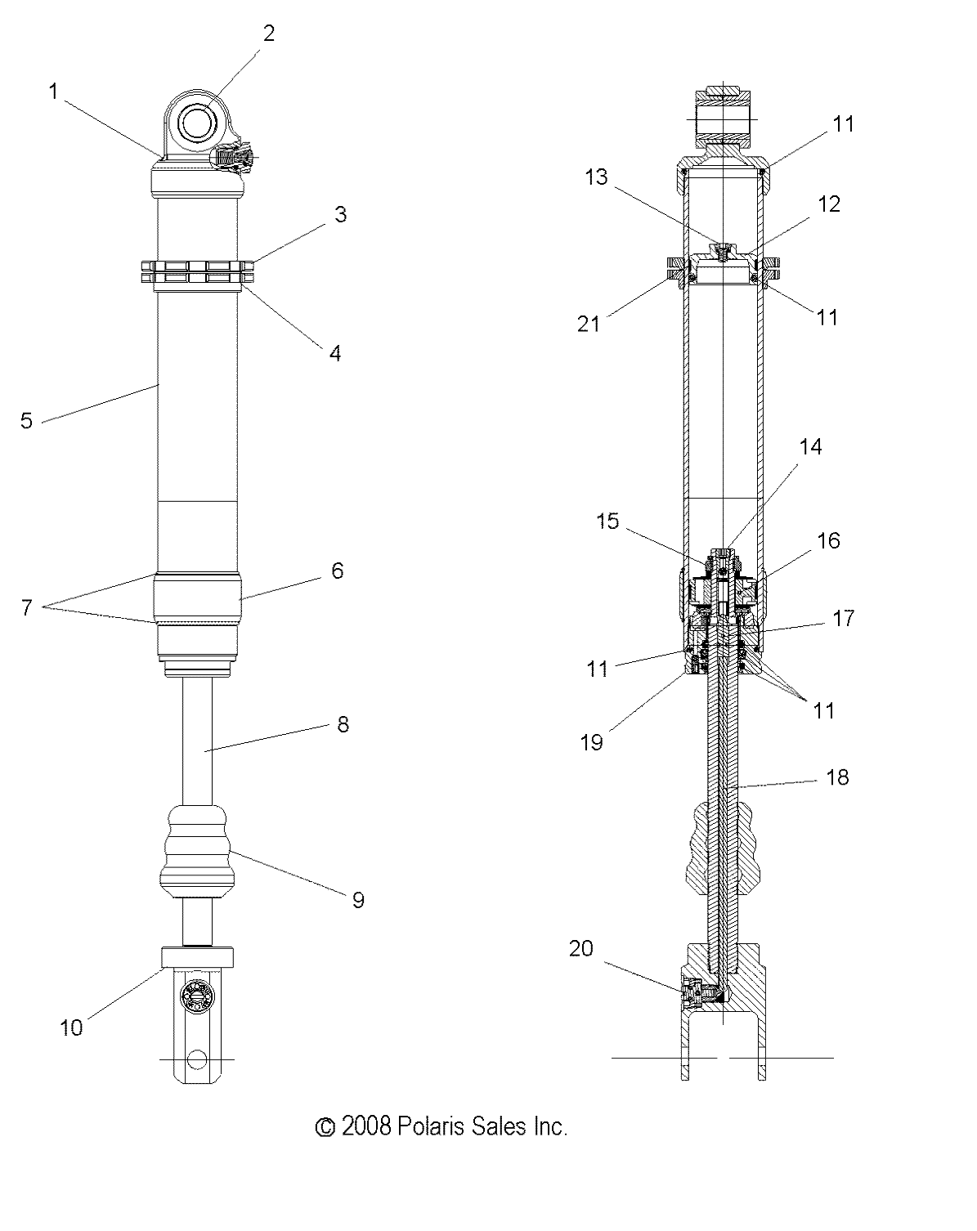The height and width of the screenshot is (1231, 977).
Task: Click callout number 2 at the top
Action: [x=268, y=33]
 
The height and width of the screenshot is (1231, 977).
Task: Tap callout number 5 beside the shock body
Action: [x=27, y=421]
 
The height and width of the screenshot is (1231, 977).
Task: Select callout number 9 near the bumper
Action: [x=358, y=900]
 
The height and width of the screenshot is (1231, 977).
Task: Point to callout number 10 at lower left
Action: [x=72, y=1027]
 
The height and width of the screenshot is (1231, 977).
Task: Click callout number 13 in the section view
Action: [x=597, y=177]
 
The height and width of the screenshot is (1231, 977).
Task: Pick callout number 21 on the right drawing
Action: [x=589, y=324]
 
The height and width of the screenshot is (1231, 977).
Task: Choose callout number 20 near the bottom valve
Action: [x=580, y=950]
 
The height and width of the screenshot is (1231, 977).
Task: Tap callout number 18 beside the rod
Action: [x=838, y=777]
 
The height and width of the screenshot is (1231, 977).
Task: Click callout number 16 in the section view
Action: [x=828, y=541]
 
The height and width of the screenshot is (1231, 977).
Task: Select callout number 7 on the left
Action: [x=27, y=608]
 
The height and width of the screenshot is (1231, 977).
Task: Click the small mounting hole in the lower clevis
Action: [x=196, y=1059]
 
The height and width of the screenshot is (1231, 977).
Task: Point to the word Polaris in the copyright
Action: [x=432, y=1127]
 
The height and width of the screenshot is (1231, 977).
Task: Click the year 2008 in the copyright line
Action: [x=367, y=1127]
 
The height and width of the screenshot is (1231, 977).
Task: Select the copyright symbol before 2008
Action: [x=325, y=1128]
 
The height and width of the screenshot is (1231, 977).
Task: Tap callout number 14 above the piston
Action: [x=810, y=447]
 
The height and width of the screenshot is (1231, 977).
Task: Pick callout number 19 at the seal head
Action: [x=591, y=742]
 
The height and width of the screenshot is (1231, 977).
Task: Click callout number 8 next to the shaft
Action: [x=343, y=724]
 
